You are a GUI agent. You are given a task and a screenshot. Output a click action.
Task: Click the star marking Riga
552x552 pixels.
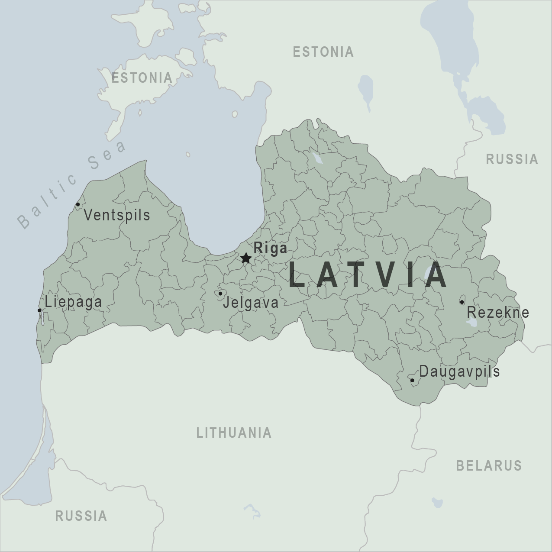pos(246,258)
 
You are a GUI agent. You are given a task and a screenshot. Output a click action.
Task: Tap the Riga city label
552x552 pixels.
pos(270,248)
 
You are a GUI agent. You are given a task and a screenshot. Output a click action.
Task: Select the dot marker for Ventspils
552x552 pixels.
pos(78,204)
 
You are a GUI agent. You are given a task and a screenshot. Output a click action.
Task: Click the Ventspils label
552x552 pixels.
pos(117,215)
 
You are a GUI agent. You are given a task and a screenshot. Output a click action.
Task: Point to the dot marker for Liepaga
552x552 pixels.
pos(39,310)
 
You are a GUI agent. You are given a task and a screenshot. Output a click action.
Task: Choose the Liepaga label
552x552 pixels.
pos(74,302)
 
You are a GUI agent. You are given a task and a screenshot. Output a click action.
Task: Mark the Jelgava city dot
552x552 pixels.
pos(220,294)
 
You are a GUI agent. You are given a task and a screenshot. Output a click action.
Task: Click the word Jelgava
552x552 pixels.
pos(251,303)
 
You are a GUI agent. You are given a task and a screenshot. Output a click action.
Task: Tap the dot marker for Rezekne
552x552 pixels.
pos(462,302)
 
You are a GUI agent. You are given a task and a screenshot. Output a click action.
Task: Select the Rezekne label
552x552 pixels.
pos(498,312)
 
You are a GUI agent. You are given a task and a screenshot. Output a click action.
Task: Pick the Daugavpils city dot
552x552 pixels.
pos(412,381)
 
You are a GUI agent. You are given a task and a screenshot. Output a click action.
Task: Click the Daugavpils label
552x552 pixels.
pos(459,371)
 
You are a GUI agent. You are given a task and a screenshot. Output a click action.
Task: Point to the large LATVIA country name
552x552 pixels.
pos(368,275)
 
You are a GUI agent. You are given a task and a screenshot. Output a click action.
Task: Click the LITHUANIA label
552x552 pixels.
pos(234,433)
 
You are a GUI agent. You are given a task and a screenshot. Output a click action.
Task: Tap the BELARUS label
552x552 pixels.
pos(489,465)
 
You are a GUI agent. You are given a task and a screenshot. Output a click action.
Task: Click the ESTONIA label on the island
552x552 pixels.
pos(142,78)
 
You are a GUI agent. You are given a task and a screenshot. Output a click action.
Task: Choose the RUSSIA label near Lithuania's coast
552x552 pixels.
pos(81,516)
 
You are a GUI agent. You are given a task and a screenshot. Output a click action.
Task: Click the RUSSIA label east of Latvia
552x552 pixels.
pos(512,159)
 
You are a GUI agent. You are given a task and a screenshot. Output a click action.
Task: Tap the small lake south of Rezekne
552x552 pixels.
pos(472,323)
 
